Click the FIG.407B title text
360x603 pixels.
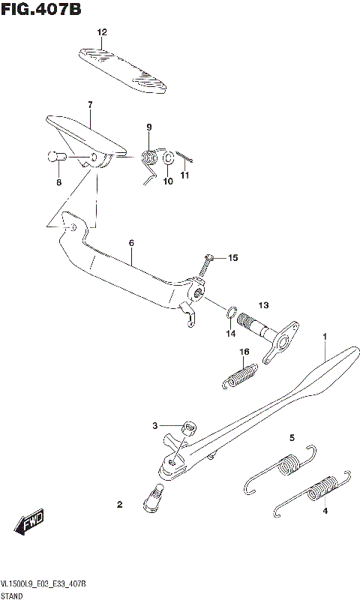click(x=41, y=10)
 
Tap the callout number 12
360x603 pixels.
click(x=102, y=32)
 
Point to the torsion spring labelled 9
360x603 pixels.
click(x=150, y=158)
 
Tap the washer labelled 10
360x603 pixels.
click(x=169, y=157)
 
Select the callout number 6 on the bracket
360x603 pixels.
click(x=131, y=243)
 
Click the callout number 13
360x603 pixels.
click(x=242, y=305)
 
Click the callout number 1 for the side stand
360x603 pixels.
click(x=324, y=337)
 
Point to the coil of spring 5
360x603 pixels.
click(x=286, y=466)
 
